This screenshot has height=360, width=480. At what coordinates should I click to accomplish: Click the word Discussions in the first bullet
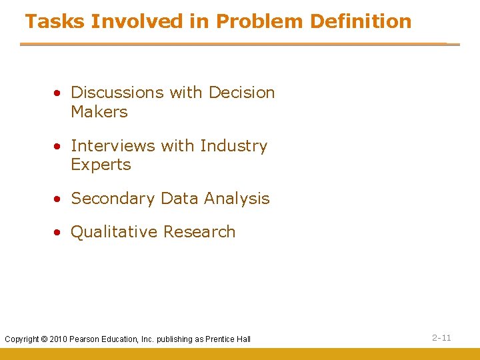point(117,92)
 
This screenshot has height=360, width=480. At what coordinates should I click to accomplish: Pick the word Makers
point(99,112)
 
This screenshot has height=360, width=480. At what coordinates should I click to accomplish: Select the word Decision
point(241,92)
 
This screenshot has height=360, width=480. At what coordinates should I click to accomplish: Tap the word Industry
point(233,145)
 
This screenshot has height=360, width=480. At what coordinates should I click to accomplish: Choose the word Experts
point(101,165)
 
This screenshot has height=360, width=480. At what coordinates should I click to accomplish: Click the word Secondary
point(112,199)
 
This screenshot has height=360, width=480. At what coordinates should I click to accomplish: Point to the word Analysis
point(237,199)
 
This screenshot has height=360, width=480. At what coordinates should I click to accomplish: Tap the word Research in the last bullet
point(199,232)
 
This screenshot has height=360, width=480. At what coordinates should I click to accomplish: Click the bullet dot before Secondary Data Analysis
point(59,199)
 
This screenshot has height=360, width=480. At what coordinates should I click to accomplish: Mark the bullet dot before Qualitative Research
point(59,233)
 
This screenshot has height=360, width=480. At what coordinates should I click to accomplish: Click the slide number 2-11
point(441,338)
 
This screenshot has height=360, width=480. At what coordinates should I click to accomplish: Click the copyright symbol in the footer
point(45,339)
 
